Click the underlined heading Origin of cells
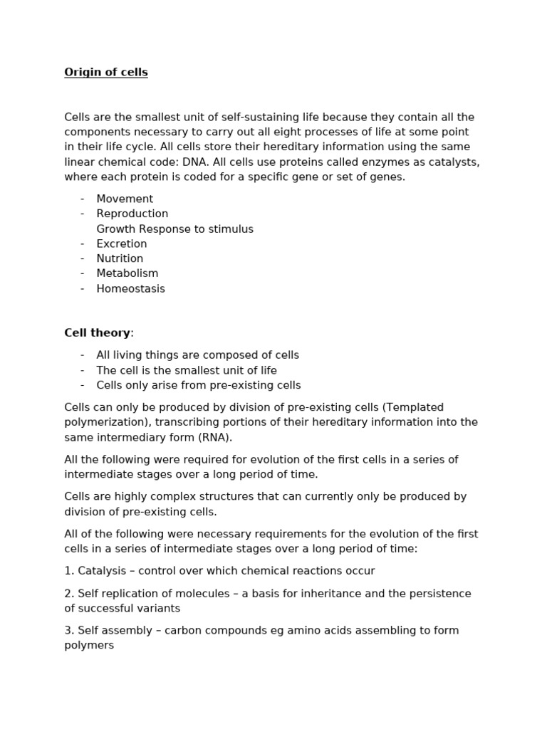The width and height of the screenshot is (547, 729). click(x=106, y=73)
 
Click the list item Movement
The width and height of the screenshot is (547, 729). click(x=125, y=199)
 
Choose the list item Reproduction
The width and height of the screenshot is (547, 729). click(x=132, y=214)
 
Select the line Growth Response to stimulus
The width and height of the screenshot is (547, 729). click(x=174, y=229)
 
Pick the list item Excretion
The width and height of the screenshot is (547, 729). click(x=122, y=244)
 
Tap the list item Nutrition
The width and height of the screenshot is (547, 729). click(x=120, y=259)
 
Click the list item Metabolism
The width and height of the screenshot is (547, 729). click(x=127, y=274)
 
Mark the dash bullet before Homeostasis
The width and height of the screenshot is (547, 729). click(x=83, y=289)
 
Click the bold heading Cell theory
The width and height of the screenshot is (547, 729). click(x=97, y=333)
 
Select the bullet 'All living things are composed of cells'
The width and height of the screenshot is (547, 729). click(x=197, y=355)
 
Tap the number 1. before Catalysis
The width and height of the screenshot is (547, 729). click(x=69, y=571)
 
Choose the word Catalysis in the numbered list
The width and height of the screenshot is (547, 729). click(x=102, y=571)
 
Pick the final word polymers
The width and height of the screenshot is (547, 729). click(x=89, y=646)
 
